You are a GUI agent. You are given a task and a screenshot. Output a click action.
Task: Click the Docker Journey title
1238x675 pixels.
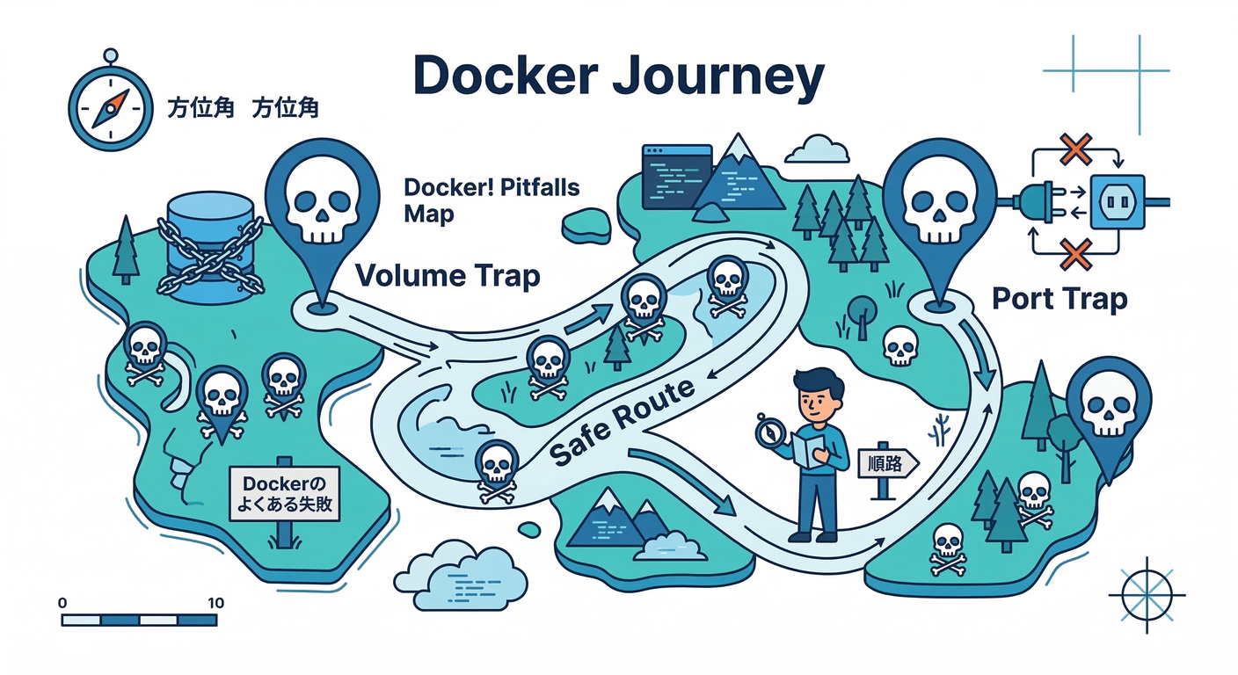click(x=618, y=76)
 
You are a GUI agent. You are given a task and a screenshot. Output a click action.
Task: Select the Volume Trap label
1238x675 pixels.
click(x=447, y=276)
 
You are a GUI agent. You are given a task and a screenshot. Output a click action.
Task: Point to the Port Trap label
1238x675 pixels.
click(x=1059, y=299)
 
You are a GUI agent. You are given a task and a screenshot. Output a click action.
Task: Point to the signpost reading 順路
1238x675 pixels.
click(x=886, y=463)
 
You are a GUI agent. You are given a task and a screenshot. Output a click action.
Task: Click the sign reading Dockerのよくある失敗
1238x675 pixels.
click(x=283, y=494)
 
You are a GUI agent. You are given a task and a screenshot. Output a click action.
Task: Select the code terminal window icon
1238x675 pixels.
click(x=676, y=177)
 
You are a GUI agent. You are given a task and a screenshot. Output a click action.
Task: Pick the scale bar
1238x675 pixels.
click(x=139, y=621)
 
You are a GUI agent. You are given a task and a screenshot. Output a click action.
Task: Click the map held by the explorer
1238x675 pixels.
click(x=808, y=449)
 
